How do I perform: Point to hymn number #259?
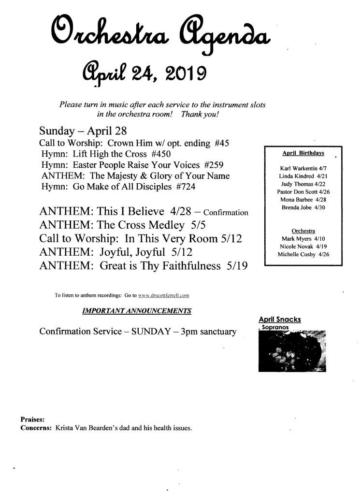tap(211, 165)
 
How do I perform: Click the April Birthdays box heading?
tap(303, 153)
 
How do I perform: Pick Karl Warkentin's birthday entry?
tap(303, 168)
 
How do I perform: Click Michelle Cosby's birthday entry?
tap(303, 255)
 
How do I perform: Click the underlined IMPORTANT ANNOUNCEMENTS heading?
tap(137, 310)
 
